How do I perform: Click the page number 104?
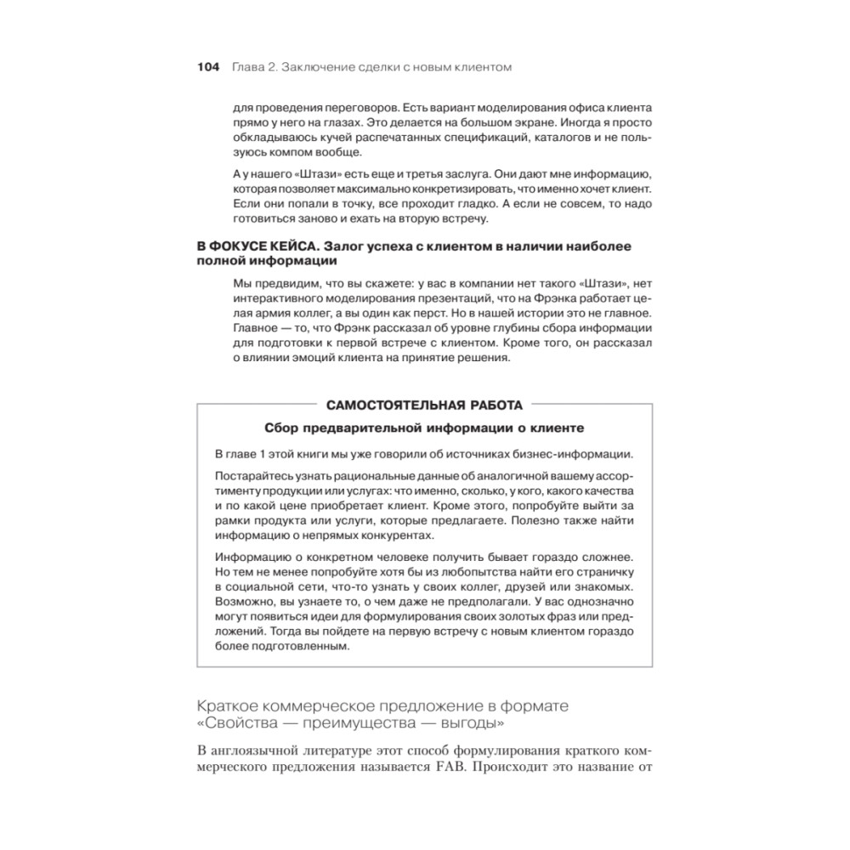(x=208, y=66)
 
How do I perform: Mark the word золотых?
(x=509, y=618)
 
